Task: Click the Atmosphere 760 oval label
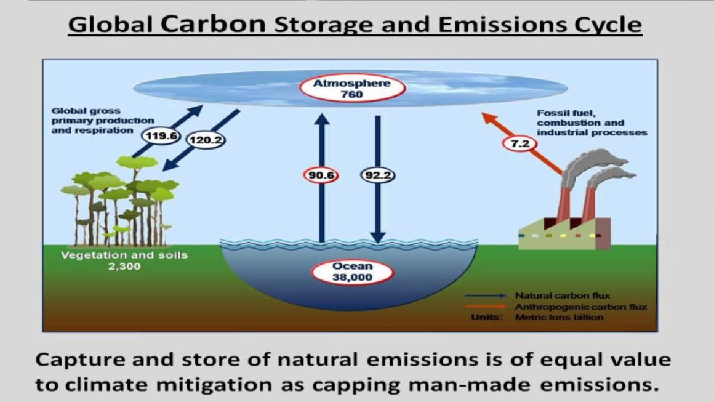pyautogui.click(x=352, y=88)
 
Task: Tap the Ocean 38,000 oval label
pyautogui.click(x=352, y=271)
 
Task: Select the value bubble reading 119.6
pyautogui.click(x=161, y=135)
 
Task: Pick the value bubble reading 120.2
pyautogui.click(x=206, y=140)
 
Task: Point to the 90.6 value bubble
pyautogui.click(x=321, y=175)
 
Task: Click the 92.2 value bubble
pyautogui.click(x=378, y=175)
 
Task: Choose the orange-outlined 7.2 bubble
pyautogui.click(x=519, y=144)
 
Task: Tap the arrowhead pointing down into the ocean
pyautogui.click(x=378, y=237)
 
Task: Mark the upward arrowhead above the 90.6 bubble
pyautogui.click(x=321, y=119)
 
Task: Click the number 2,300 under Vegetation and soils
pyautogui.click(x=124, y=267)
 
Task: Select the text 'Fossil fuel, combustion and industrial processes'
pyautogui.click(x=592, y=123)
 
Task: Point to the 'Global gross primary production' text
pyautogui.click(x=102, y=116)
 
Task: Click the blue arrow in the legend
pyautogui.click(x=486, y=295)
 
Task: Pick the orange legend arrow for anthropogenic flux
pyautogui.click(x=486, y=307)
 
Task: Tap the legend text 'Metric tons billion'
pyautogui.click(x=559, y=317)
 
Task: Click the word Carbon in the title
pyautogui.click(x=213, y=23)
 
